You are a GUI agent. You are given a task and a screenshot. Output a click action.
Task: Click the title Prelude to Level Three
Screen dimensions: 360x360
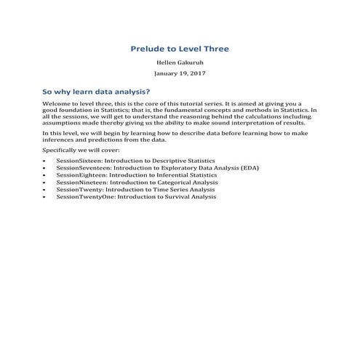coord(180,49)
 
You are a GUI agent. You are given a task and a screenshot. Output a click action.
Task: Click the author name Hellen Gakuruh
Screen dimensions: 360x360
coord(180,64)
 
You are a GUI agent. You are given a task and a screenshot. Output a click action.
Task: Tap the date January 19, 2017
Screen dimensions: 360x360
coord(180,74)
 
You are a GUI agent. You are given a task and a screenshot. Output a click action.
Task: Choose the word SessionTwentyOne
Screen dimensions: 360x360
coord(81,197)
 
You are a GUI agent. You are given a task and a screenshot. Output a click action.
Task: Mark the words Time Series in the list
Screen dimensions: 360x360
coord(164,190)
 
